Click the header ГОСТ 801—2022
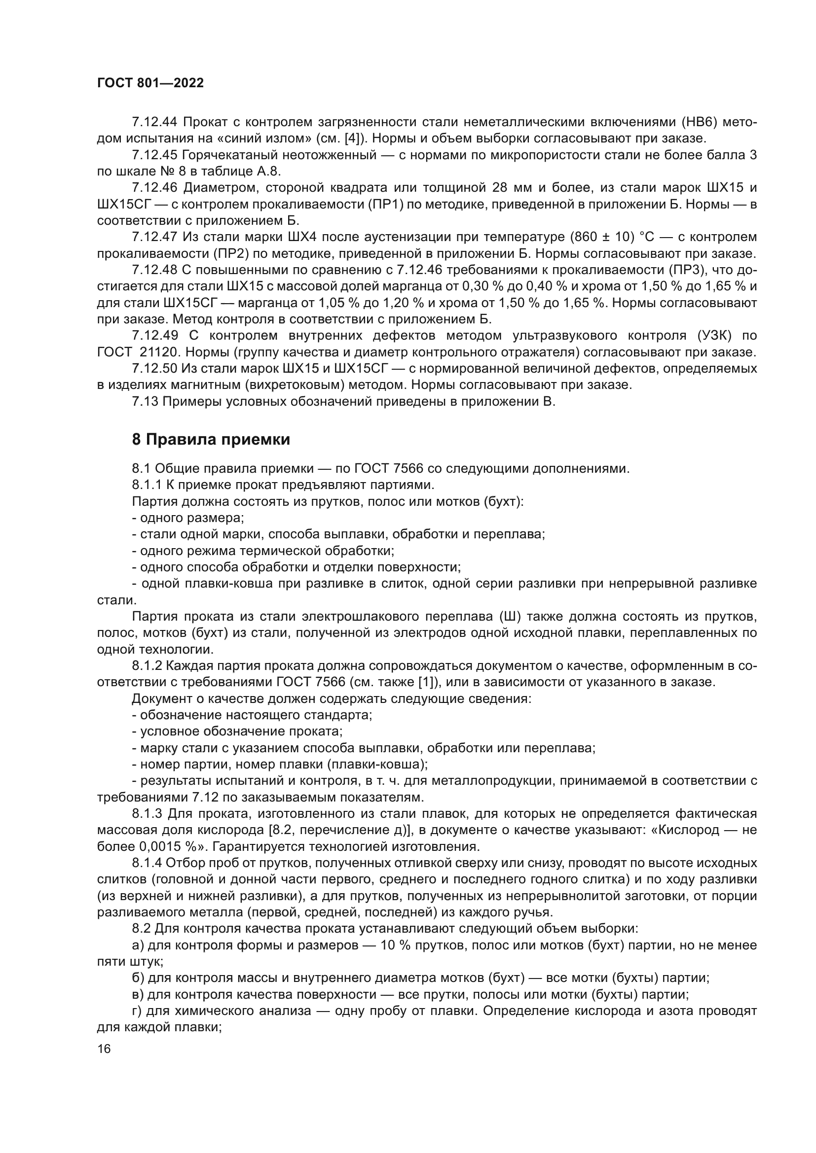point(151,83)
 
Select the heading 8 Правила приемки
point(211,439)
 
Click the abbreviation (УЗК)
point(712,336)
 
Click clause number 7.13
point(145,402)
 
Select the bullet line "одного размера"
point(188,518)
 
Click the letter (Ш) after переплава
point(512,617)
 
